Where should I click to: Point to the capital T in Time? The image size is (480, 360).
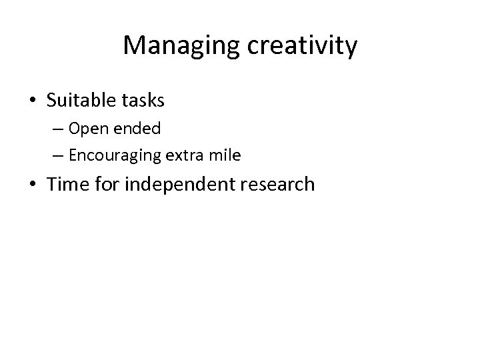[x=53, y=183]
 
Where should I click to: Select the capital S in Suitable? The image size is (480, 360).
[x=53, y=101]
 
